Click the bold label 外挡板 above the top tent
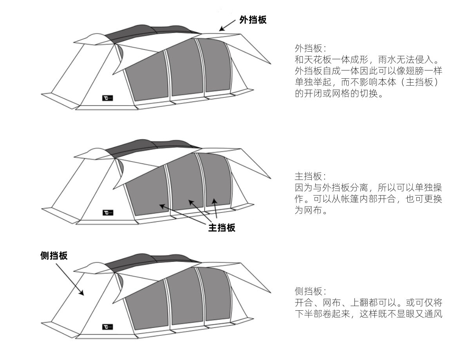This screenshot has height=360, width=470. point(253,20)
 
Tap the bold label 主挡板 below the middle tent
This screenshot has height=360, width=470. point(222,227)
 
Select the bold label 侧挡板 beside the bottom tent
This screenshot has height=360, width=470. point(54,256)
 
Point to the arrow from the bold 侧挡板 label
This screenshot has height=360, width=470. point(70,279)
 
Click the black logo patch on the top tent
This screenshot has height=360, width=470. point(107,98)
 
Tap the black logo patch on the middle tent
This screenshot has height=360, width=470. point(107,212)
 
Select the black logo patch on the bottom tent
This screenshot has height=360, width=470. point(107,326)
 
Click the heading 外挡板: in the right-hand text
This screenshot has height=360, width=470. point(310,49)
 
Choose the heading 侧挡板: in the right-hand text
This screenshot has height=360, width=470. point(310,291)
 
